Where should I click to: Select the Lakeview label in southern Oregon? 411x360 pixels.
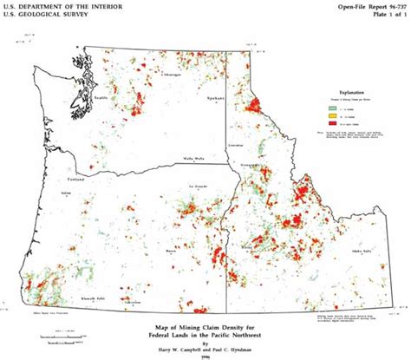pyautogui.click(x=132, y=301)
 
